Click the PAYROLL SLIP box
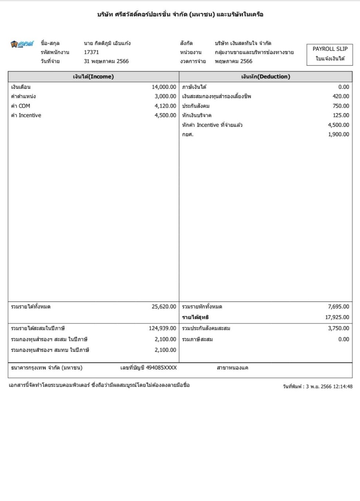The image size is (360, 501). click(330, 54)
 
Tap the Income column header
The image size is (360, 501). click(93, 77)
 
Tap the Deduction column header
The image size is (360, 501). click(266, 77)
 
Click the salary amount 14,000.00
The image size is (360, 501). click(164, 87)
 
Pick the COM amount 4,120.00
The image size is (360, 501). click(166, 106)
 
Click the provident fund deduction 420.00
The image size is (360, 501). click(340, 97)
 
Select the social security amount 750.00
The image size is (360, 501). click(340, 106)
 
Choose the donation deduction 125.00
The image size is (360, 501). click(340, 115)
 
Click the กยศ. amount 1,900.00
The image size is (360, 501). click(338, 135)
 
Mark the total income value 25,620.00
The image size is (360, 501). click(164, 307)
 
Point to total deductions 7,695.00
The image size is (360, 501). click(338, 307)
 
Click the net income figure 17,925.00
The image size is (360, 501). click(337, 317)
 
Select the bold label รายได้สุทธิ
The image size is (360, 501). click(198, 317)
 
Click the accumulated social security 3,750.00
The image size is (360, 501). click(338, 328)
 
